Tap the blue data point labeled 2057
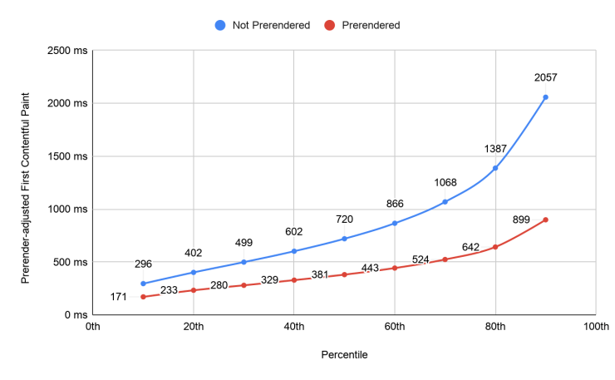pos(545,97)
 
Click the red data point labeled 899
pos(545,220)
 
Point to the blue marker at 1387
pos(495,168)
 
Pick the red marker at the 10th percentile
pos(143,297)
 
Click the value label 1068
pos(445,183)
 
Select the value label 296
pos(143,264)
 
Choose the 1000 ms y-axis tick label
pos(66,210)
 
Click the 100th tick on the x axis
pos(596,328)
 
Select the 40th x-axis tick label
pos(294,328)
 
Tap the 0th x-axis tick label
pos(93,328)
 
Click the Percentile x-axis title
pos(344,354)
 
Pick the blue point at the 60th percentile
pos(395,223)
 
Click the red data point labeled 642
pos(495,247)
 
